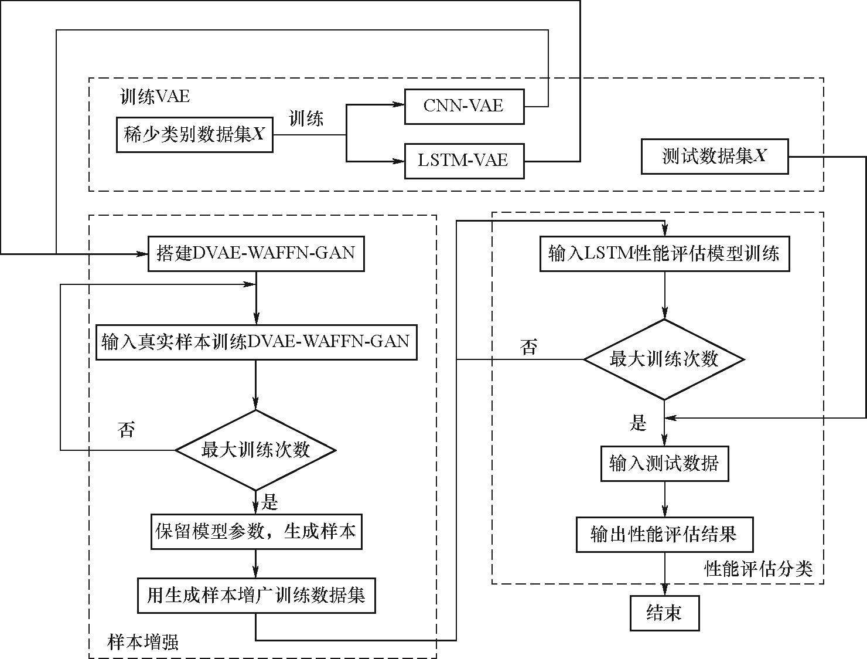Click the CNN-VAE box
tap(464, 106)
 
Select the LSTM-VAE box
tap(464, 161)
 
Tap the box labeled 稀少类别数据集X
tap(194, 135)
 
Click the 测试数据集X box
tap(714, 157)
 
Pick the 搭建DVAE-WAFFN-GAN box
tap(256, 253)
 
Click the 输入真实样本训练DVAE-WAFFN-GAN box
tap(256, 342)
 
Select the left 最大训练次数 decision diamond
tap(255, 450)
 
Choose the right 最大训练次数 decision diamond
tap(664, 359)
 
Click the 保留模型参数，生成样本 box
tap(256, 532)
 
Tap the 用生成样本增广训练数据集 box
tap(256, 596)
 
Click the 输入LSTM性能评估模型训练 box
tap(664, 253)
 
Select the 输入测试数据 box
tap(664, 464)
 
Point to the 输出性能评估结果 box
tap(664, 534)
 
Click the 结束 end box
tap(664, 613)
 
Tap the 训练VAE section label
tap(155, 97)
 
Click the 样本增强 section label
tap(143, 642)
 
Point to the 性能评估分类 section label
tap(758, 568)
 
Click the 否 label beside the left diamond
tap(126, 430)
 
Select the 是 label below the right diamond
tap(638, 423)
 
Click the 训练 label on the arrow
tap(306, 119)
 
